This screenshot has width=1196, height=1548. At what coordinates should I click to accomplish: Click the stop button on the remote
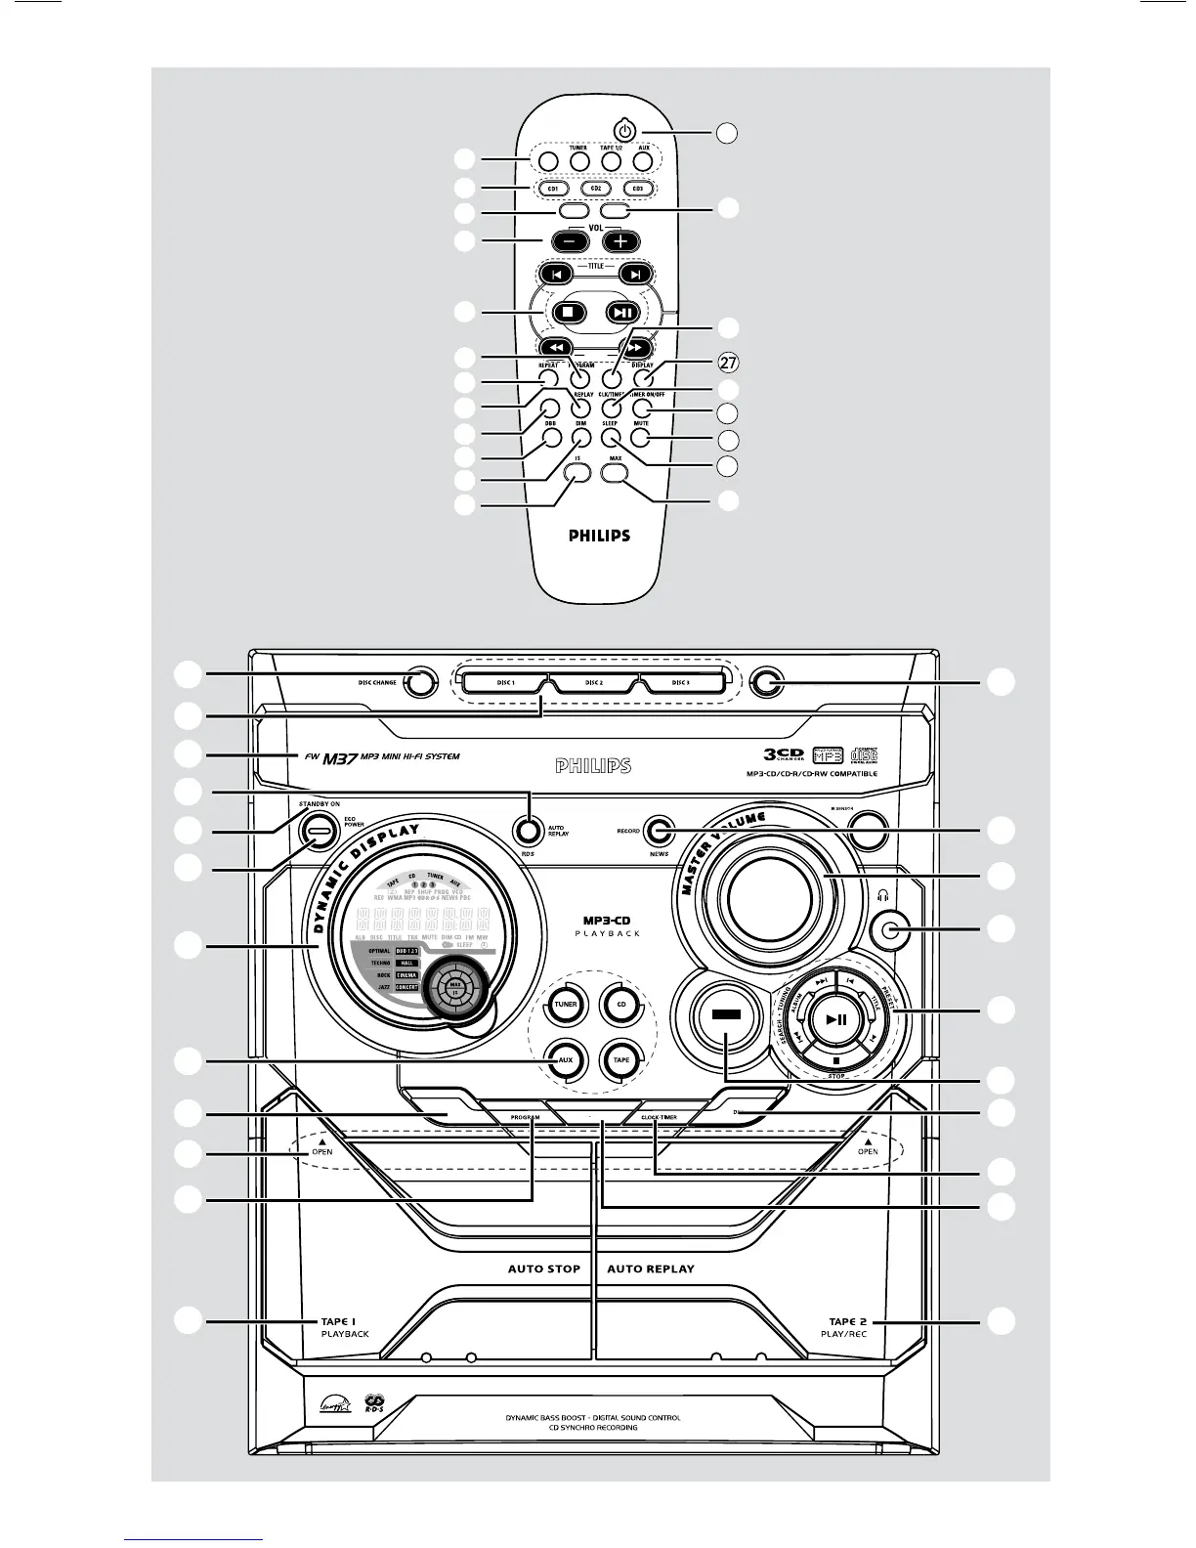click(x=572, y=313)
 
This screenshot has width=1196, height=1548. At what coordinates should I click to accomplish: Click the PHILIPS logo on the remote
click(x=599, y=536)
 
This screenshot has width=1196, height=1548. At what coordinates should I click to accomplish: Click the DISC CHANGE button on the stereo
click(x=420, y=682)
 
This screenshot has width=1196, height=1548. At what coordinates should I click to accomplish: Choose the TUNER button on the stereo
click(x=566, y=1005)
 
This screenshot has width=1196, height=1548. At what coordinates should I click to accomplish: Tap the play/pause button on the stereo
click(x=835, y=1019)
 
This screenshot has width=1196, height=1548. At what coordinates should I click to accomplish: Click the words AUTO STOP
click(x=544, y=1269)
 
